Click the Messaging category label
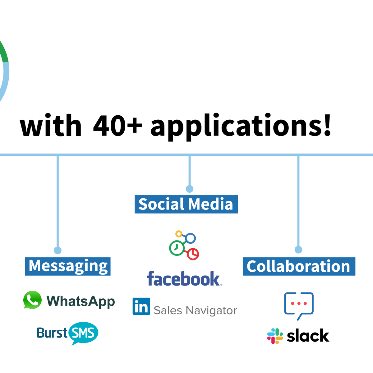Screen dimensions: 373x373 (x=68, y=266)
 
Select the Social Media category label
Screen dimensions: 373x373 (x=186, y=204)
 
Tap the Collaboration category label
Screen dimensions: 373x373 (x=299, y=266)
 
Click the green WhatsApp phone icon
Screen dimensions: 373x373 (x=32, y=300)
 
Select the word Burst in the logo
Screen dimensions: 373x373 (x=52, y=333)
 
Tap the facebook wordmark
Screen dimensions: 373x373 (x=184, y=278)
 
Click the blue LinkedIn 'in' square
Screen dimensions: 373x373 (x=141, y=306)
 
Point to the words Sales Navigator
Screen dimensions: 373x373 (x=195, y=311)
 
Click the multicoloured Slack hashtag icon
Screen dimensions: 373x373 (x=275, y=336)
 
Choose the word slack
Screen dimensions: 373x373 (x=308, y=336)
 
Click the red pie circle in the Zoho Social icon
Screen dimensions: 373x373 (x=193, y=254)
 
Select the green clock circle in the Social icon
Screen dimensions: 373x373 (x=177, y=248)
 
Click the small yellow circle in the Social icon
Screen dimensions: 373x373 (x=179, y=234)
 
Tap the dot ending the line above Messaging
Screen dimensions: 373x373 (x=58, y=250)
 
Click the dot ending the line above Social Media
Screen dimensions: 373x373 (x=190, y=189)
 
